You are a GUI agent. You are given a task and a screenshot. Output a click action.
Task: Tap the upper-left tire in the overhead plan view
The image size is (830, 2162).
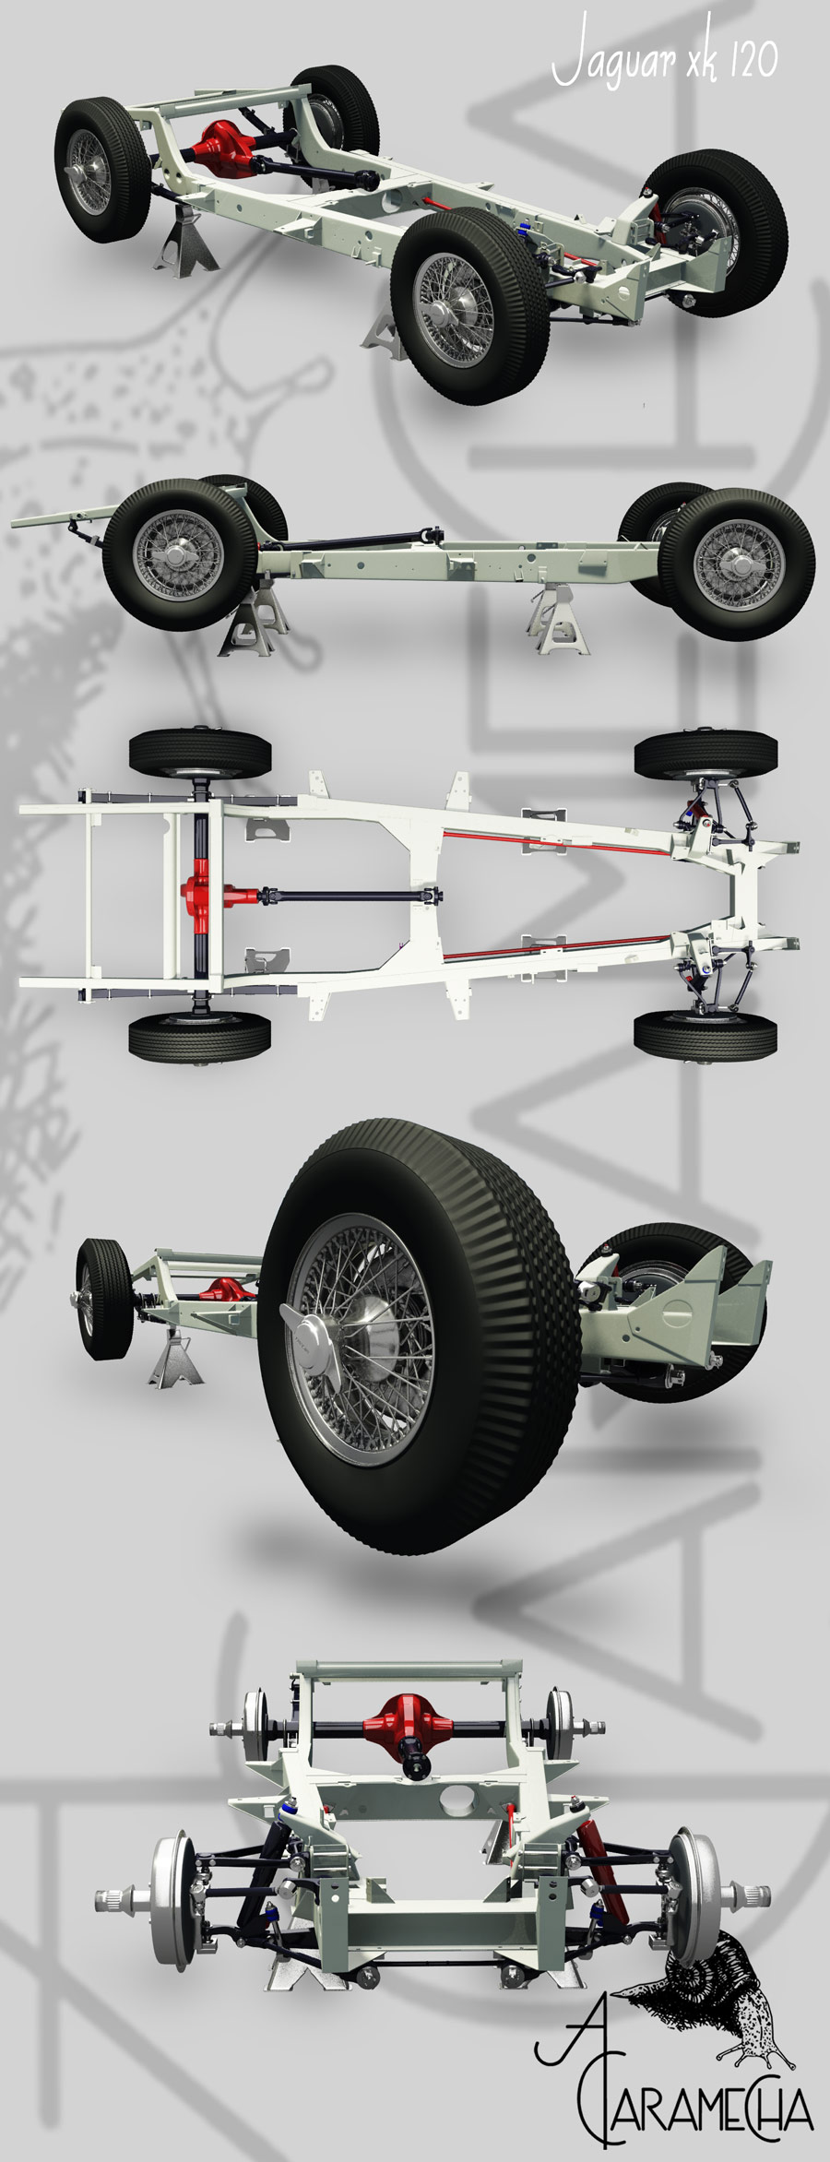[x=200, y=753]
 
